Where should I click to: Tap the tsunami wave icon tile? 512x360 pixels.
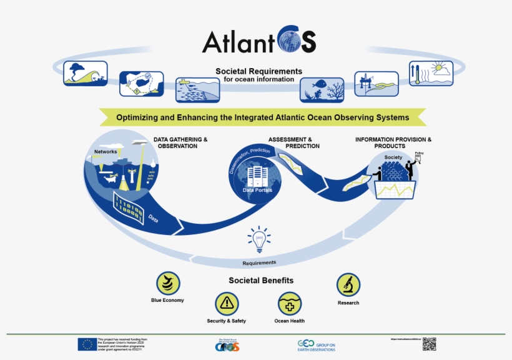86,73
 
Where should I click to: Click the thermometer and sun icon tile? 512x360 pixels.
431,73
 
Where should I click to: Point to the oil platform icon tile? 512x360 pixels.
377,84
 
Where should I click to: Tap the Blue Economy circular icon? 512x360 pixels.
168,283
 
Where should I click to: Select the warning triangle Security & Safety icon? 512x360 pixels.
227,304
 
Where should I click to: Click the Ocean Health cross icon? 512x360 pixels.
289,304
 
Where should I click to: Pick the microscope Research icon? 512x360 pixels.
348,284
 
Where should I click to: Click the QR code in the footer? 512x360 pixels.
429,344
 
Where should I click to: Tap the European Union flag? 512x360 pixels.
87,344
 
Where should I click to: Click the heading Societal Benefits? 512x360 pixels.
261,281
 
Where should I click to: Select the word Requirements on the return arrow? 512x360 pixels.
259,262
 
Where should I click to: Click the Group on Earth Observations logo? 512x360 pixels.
317,346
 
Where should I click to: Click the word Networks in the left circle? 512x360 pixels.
106,152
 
